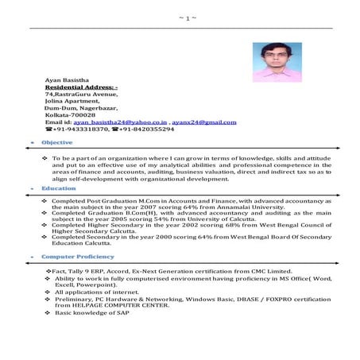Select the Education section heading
tap(59, 188)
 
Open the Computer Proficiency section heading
tap(75, 258)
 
